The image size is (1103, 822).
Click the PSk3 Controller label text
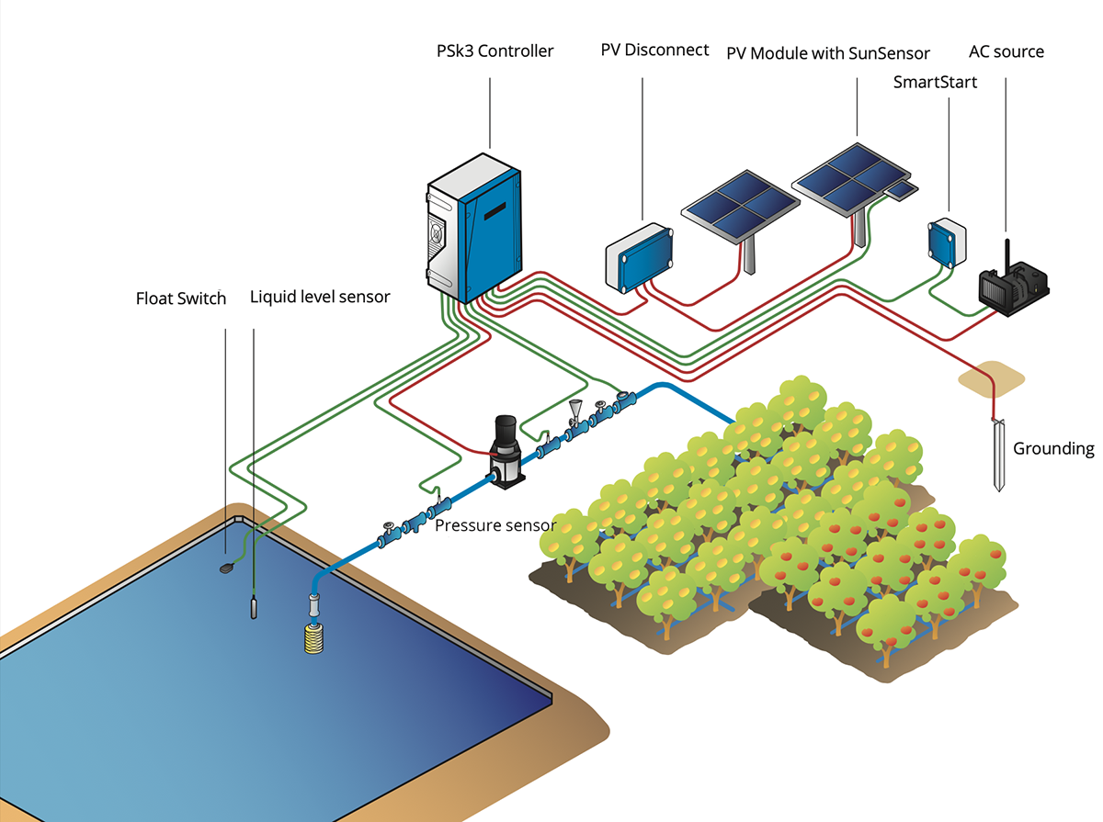point(495,51)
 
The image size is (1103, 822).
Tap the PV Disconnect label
point(654,50)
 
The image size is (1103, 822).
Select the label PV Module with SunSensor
point(828,53)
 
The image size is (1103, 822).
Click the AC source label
point(1006,51)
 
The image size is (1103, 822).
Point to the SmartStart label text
point(935,83)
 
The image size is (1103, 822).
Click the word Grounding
point(1053,449)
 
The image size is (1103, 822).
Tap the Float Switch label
point(180,298)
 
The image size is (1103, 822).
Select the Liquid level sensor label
point(320,298)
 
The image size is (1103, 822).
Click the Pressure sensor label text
point(495,525)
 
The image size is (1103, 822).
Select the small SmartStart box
point(946,241)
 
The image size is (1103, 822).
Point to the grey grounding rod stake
point(999,455)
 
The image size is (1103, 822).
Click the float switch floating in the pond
point(226,569)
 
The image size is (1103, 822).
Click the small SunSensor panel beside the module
point(902,189)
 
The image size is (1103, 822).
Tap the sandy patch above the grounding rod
point(991,376)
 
